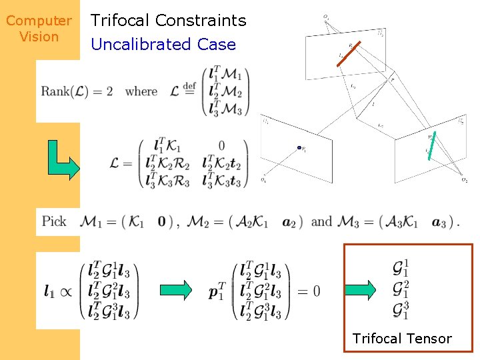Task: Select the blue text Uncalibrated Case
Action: (x=163, y=45)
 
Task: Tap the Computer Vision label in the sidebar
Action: (x=39, y=29)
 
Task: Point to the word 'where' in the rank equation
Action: (x=141, y=91)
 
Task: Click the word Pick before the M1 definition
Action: (x=54, y=221)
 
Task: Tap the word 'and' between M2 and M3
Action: (x=321, y=221)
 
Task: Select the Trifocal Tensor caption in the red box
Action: (x=402, y=339)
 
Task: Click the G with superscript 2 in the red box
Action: (x=401, y=289)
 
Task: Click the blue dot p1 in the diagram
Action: (x=299, y=148)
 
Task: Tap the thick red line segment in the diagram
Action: (x=349, y=55)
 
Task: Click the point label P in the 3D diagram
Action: (x=393, y=79)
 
